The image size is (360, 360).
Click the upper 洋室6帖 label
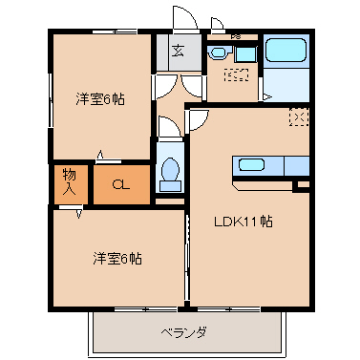click(99, 98)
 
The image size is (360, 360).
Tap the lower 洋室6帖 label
click(118, 258)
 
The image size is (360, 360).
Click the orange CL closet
click(121, 184)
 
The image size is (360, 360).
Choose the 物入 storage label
click(70, 181)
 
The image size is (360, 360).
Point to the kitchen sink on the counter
click(251, 164)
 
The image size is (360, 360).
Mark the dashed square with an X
click(298, 117)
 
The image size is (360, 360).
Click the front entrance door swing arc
click(181, 20)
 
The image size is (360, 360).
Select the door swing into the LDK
click(198, 119)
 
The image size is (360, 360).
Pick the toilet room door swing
click(167, 127)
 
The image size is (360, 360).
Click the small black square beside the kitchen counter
click(302, 184)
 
